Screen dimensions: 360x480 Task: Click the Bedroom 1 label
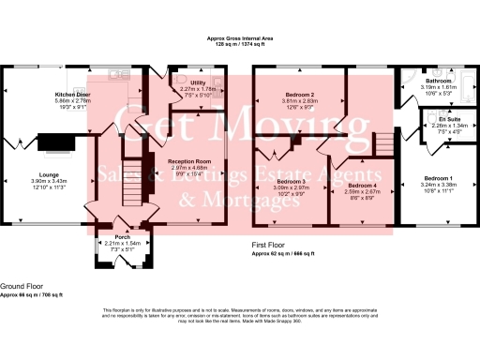click(x=437, y=178)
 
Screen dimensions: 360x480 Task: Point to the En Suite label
click(x=449, y=120)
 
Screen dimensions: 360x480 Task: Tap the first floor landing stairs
click(x=382, y=142)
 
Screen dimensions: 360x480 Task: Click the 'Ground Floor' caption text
click(x=21, y=287)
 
